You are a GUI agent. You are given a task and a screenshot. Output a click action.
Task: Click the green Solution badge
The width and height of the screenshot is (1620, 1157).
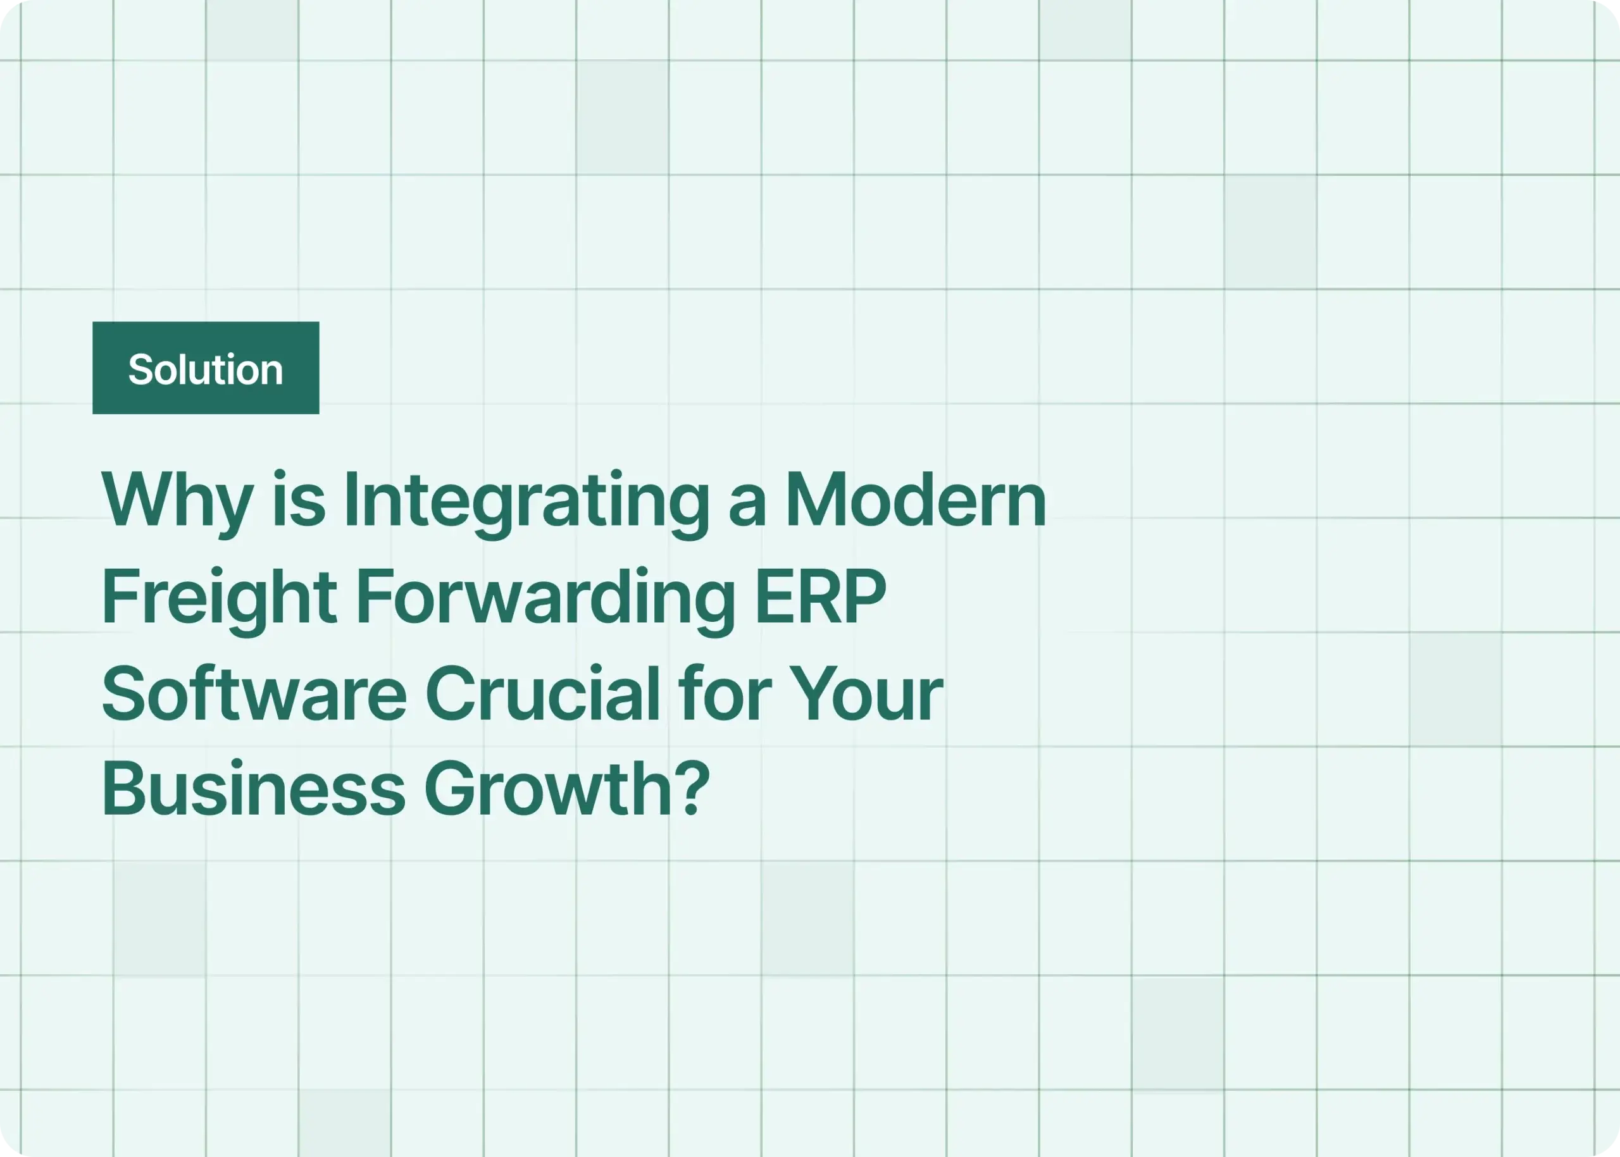pos(205,368)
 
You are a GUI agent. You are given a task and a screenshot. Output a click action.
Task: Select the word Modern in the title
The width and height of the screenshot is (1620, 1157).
pos(915,500)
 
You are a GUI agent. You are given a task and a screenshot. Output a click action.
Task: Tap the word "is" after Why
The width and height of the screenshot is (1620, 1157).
pos(299,500)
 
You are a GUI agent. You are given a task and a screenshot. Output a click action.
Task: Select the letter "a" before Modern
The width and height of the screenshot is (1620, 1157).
pos(747,506)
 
